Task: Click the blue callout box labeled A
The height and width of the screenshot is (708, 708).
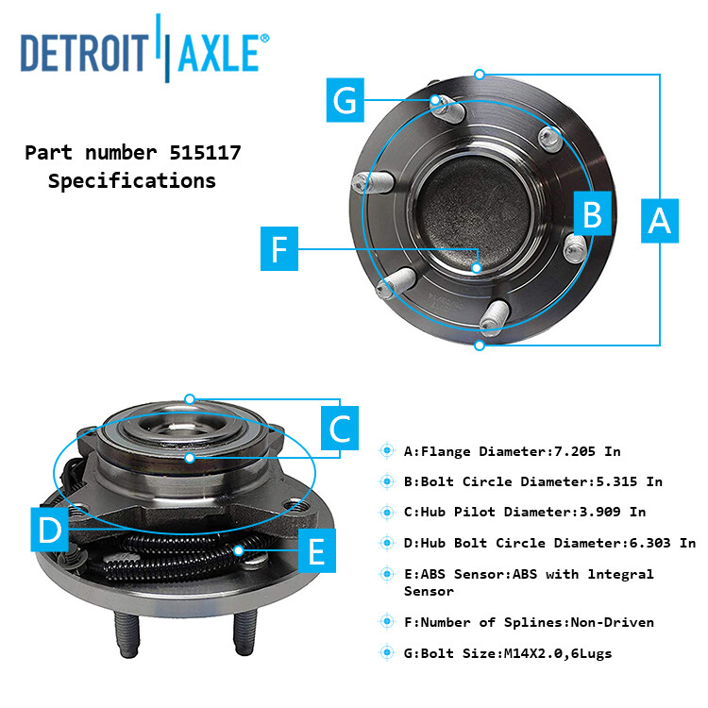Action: click(659, 220)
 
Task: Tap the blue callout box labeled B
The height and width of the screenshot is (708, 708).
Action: click(592, 214)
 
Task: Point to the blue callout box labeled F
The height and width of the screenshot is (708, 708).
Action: click(278, 249)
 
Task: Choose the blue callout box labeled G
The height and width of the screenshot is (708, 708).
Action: click(346, 100)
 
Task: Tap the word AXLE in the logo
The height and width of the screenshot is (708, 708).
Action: click(218, 53)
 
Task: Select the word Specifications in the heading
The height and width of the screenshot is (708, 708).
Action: click(132, 180)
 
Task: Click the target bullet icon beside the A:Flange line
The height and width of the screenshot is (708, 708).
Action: click(387, 451)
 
